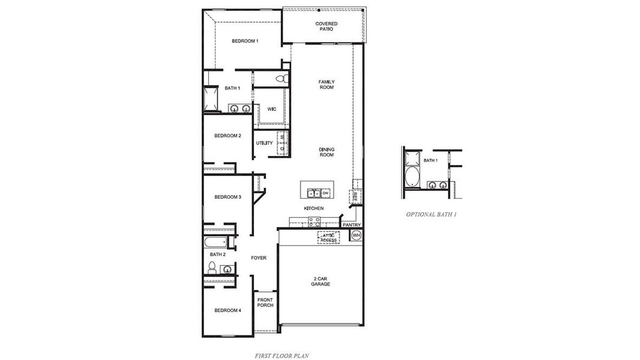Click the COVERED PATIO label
click(326, 26)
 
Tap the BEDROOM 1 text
click(245, 41)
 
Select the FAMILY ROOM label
click(326, 85)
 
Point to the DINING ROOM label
click(326, 152)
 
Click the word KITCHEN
click(313, 208)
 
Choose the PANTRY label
click(351, 225)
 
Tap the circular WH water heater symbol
click(355, 235)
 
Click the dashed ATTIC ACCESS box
click(328, 238)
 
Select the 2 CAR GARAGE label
click(321, 281)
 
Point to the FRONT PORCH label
click(265, 302)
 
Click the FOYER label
click(259, 258)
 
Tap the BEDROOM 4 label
click(228, 310)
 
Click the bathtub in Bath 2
click(216, 243)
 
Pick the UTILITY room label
click(264, 143)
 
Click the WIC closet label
click(271, 109)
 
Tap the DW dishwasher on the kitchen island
click(325, 193)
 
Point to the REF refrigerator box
click(355, 196)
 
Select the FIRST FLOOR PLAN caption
click(282, 355)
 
